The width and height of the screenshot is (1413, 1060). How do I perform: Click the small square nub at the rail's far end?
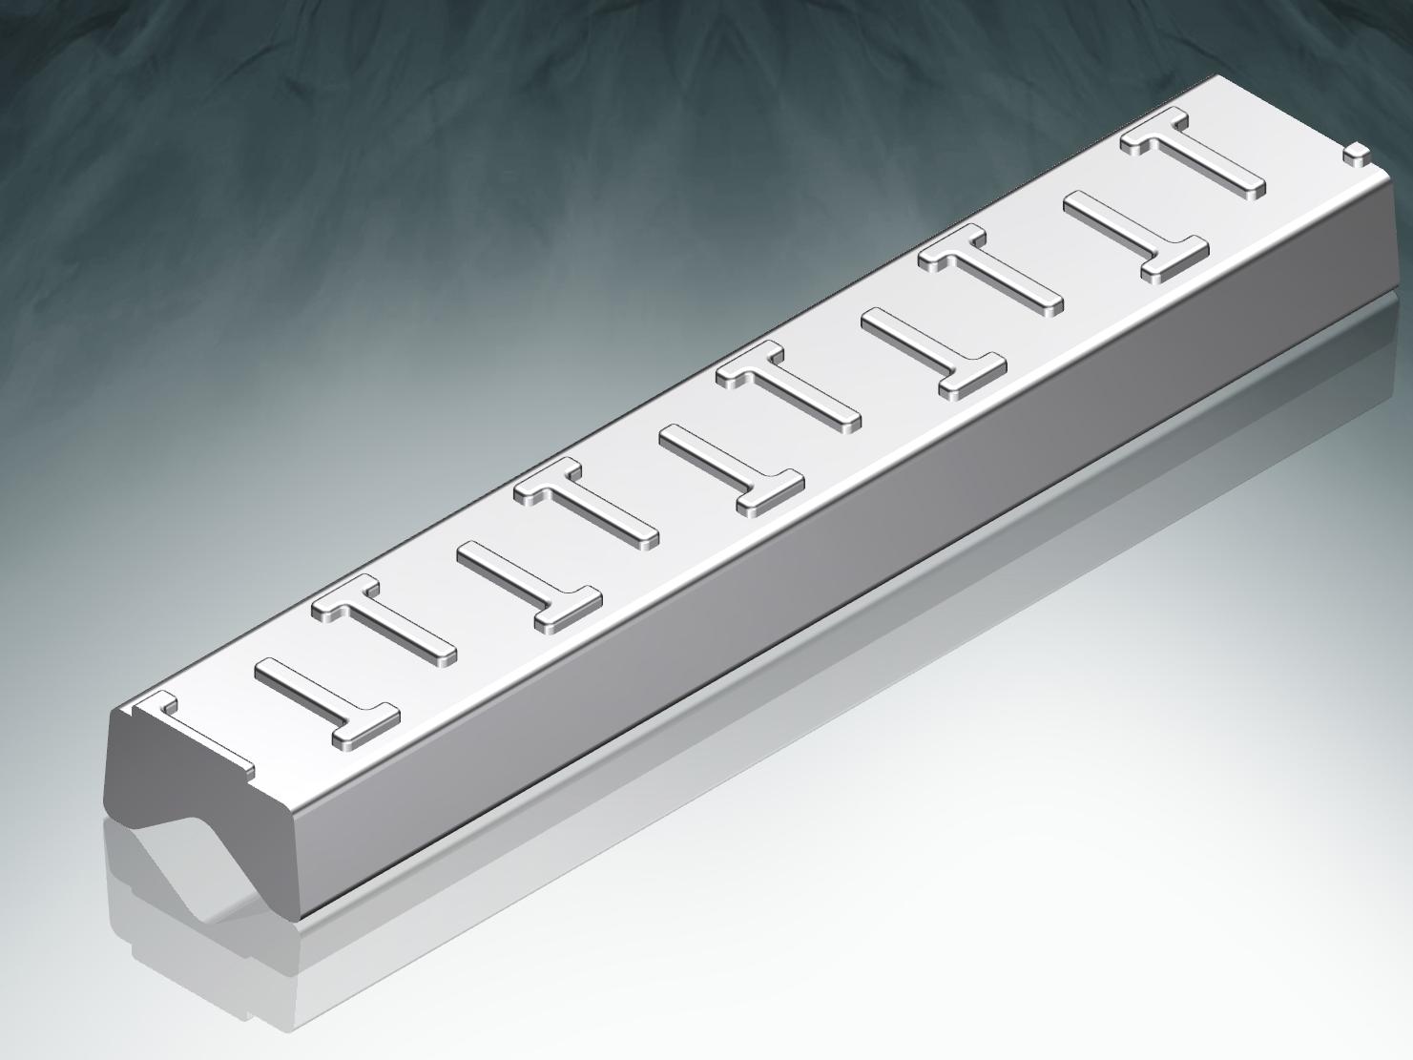tap(1356, 152)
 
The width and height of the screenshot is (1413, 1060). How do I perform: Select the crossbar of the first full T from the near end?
tap(364, 726)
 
